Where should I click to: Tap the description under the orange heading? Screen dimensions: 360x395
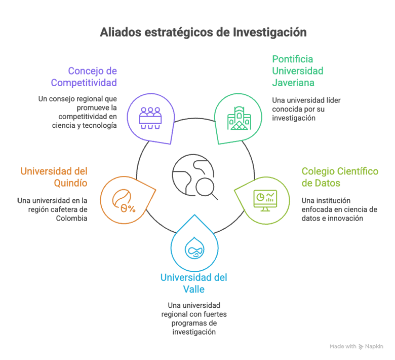[57, 205]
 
